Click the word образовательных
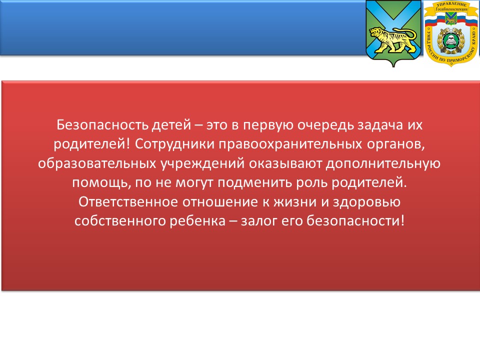click(97, 163)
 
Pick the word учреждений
click(202, 164)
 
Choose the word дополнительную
click(383, 164)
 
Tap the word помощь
click(101, 183)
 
